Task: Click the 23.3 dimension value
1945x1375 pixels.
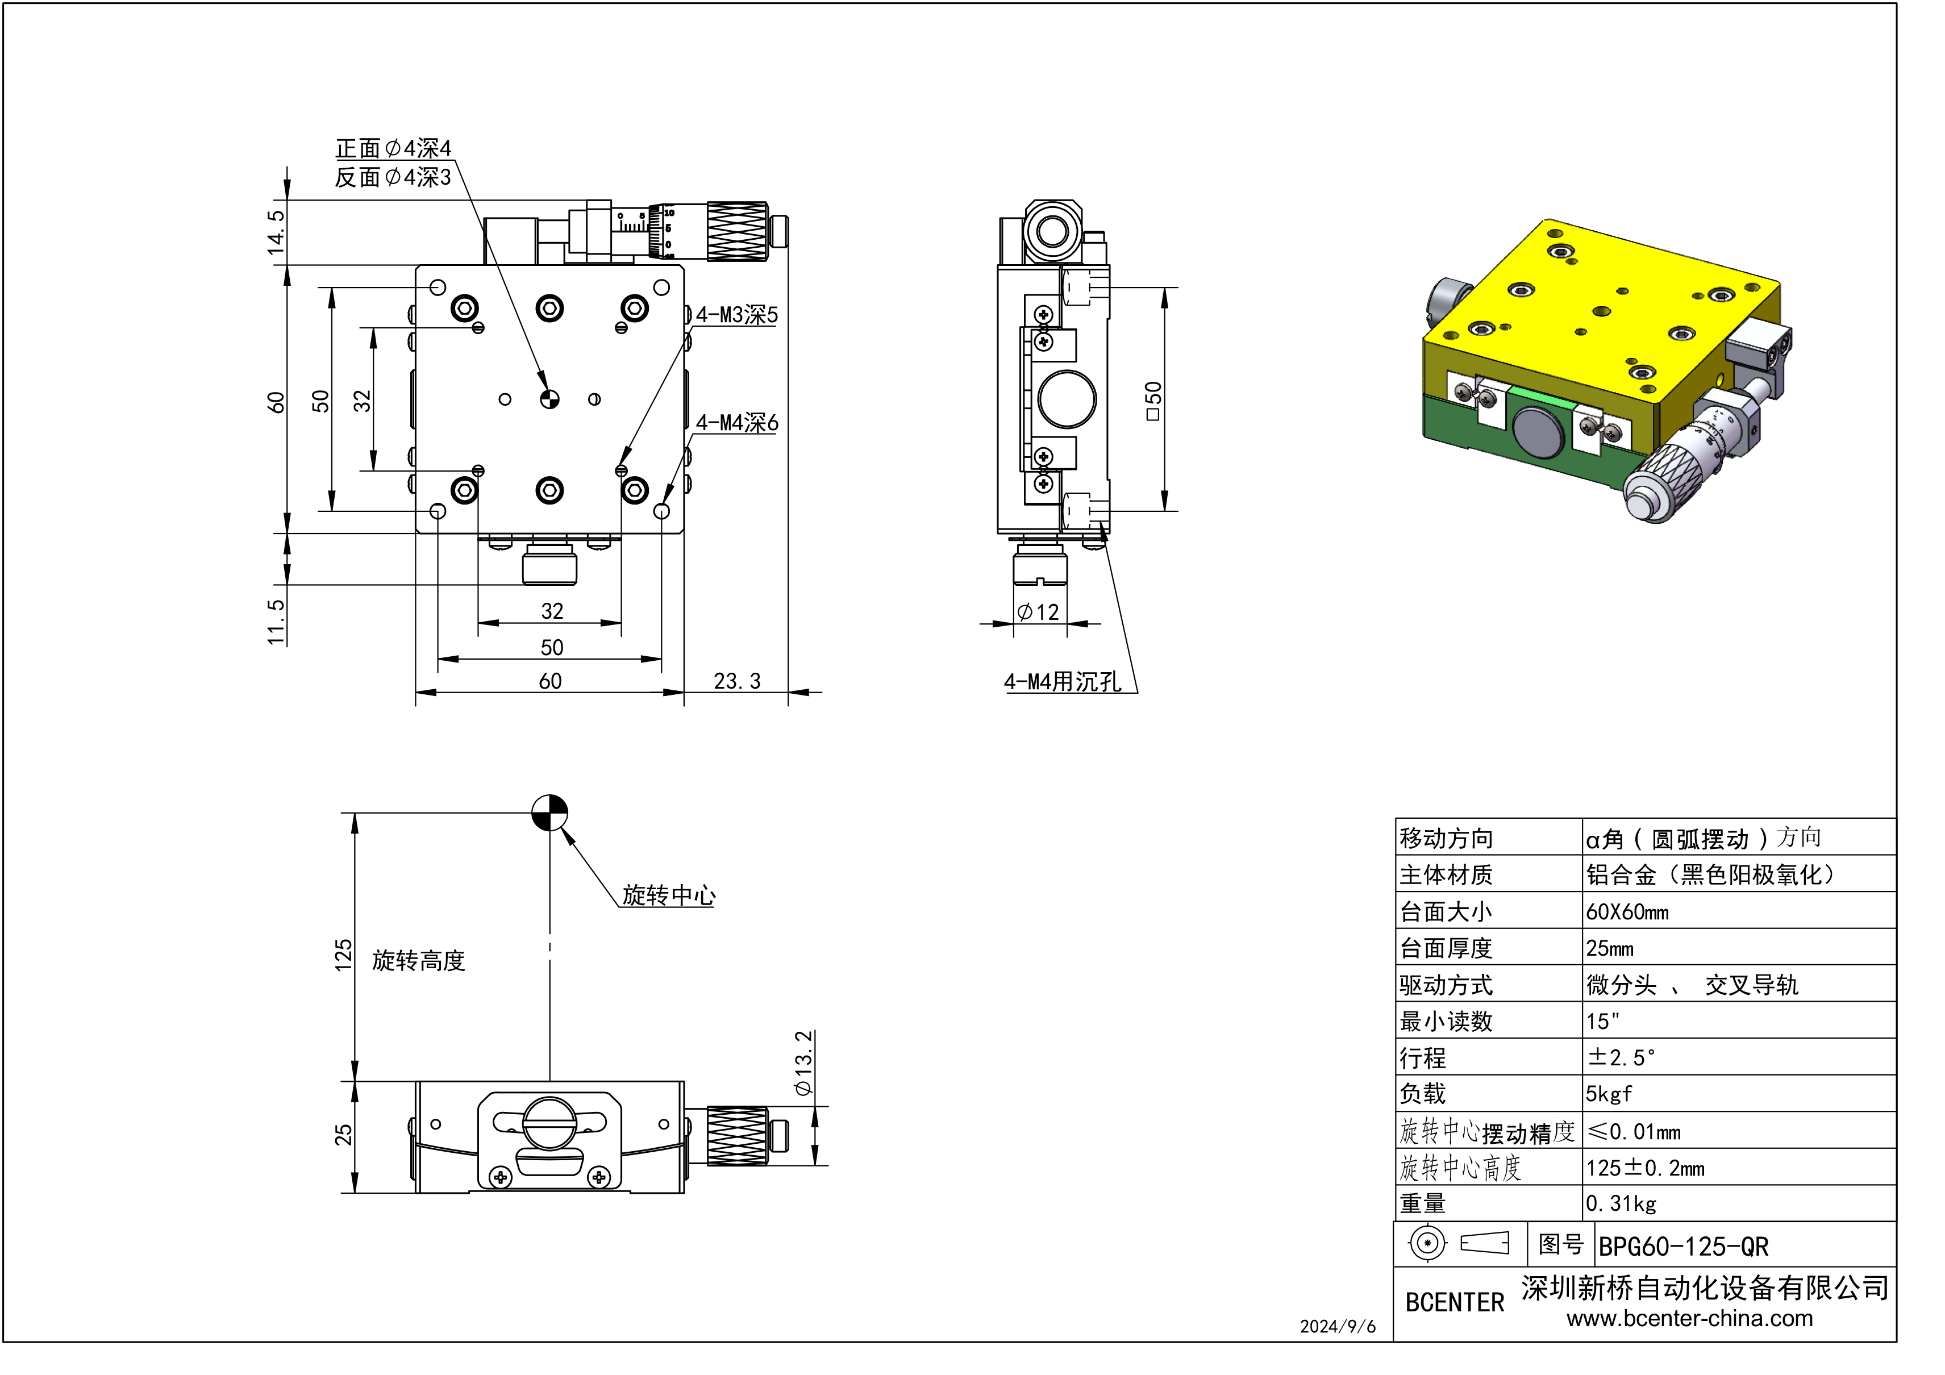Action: tap(737, 681)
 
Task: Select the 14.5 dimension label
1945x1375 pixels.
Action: tap(276, 232)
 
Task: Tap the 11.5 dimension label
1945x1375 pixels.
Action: tap(276, 622)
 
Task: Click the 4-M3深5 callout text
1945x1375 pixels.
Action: tap(736, 315)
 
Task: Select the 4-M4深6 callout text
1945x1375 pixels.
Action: tap(736, 423)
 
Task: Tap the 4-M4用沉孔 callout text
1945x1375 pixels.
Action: tap(1063, 682)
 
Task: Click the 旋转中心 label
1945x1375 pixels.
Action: tap(668, 895)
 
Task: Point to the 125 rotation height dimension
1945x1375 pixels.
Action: tap(343, 955)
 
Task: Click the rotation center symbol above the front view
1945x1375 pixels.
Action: tap(550, 813)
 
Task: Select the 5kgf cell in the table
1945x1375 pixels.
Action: tap(1609, 1094)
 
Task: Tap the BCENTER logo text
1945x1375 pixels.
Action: tap(1455, 1302)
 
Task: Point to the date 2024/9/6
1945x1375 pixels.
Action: tap(1338, 1327)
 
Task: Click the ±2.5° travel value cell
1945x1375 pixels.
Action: tap(1621, 1057)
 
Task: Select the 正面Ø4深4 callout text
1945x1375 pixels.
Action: tap(393, 149)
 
